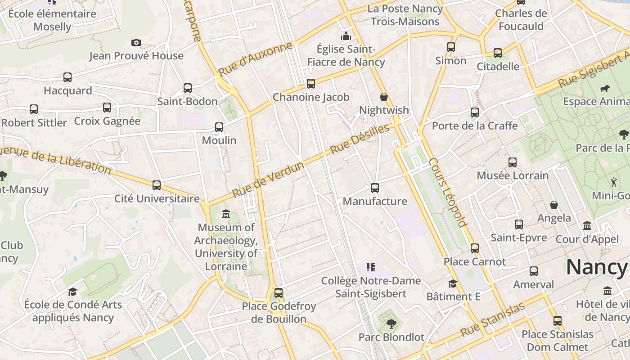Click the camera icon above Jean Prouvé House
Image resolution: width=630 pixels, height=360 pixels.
coord(136,42)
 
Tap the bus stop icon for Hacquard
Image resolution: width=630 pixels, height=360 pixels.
coord(67,77)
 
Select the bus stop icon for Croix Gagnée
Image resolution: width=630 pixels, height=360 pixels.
coord(107,108)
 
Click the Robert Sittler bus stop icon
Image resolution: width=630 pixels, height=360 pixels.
coord(34,109)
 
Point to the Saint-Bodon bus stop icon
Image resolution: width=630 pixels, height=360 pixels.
coord(188,88)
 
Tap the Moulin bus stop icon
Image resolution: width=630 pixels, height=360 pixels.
coord(219,127)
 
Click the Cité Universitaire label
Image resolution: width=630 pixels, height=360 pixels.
coord(157,198)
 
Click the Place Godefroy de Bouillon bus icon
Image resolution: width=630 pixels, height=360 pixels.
coord(279,293)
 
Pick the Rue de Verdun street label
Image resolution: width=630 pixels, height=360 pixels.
coord(268,180)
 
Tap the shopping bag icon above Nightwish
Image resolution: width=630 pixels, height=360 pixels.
coord(384,97)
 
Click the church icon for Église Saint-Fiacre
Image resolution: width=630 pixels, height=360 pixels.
coord(346,36)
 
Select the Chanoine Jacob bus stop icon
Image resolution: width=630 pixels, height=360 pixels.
coord(311,84)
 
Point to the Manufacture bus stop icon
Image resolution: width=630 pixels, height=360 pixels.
coord(375,188)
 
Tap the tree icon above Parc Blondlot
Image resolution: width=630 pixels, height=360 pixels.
coord(391,324)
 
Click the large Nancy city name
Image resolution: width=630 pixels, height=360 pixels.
coord(596,267)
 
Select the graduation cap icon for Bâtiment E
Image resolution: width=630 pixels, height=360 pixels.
coord(453,283)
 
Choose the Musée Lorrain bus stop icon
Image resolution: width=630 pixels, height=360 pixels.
coord(513,162)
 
